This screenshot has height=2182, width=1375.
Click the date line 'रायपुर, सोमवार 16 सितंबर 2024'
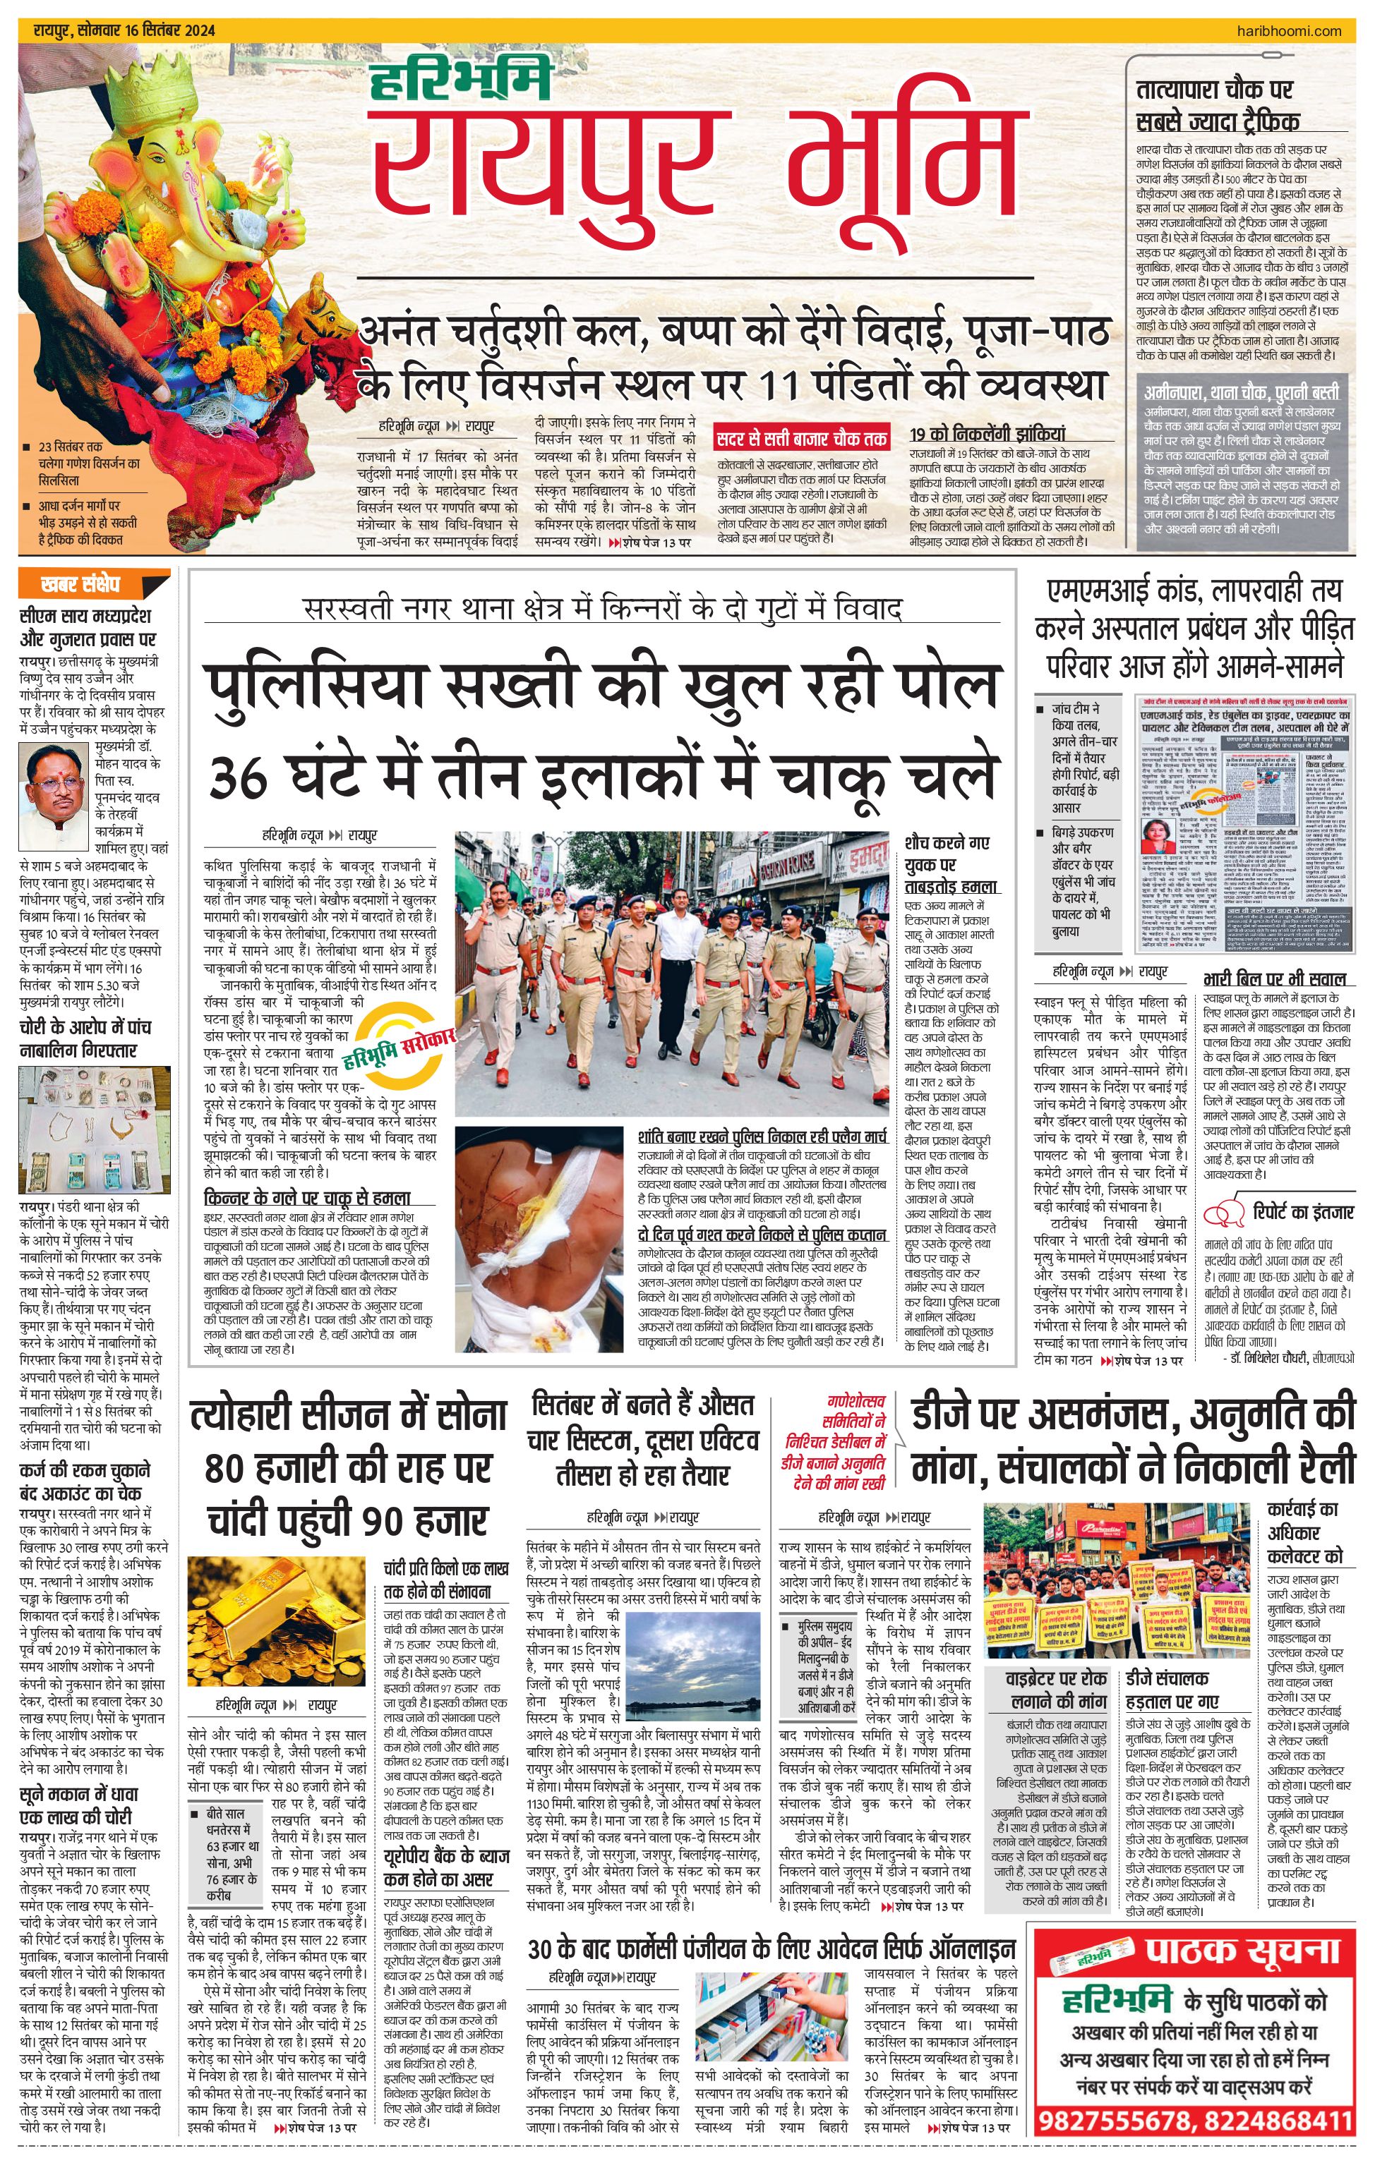coord(124,31)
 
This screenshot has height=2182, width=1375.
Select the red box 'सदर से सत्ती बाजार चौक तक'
coord(801,439)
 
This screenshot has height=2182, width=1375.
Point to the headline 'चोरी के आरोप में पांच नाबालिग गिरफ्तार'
coord(80,1038)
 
